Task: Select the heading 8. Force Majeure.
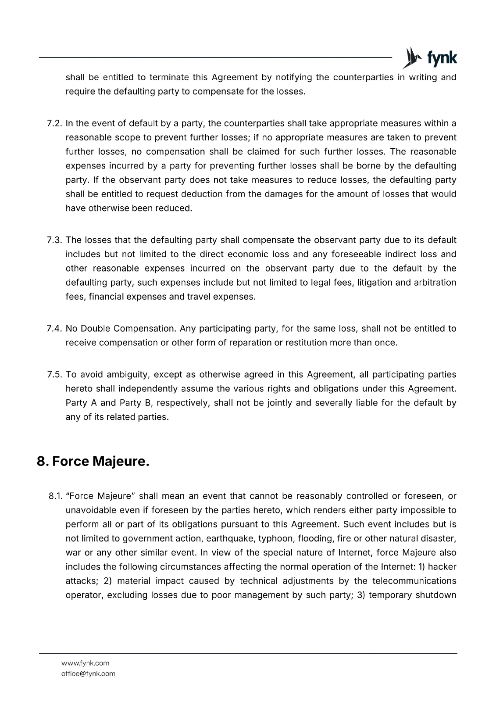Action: pos(93,461)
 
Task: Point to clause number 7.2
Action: pos(55,124)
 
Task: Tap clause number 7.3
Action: pos(55,240)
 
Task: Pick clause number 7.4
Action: pos(55,329)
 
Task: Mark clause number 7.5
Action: pos(55,375)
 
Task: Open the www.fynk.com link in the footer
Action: pos(85,663)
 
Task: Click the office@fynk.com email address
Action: pos(88,673)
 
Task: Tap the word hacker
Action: pos(442,567)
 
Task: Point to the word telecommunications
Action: pos(414,581)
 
